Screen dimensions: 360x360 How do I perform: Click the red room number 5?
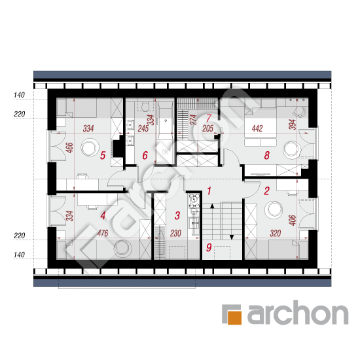(103, 155)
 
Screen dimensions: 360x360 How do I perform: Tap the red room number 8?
(266, 155)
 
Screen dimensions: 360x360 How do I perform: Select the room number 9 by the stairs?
(209, 247)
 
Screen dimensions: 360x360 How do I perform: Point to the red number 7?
(208, 118)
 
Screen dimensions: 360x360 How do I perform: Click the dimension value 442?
(257, 128)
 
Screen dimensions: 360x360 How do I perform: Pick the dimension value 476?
(103, 233)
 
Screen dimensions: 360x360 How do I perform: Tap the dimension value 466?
(69, 148)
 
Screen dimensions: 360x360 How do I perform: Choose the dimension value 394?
(293, 124)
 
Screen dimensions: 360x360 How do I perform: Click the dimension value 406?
(293, 220)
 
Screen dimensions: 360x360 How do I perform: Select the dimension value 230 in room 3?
(175, 233)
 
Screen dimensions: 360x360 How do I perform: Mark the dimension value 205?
(207, 128)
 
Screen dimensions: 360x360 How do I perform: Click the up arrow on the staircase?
(212, 206)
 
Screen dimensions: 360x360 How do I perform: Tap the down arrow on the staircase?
(232, 237)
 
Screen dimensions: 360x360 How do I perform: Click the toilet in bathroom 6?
(145, 107)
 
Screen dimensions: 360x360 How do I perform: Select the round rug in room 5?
(90, 147)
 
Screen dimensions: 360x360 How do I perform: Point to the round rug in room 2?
(274, 210)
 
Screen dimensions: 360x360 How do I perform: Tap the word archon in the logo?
(298, 313)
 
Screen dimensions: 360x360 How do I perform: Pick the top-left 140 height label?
(19, 95)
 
